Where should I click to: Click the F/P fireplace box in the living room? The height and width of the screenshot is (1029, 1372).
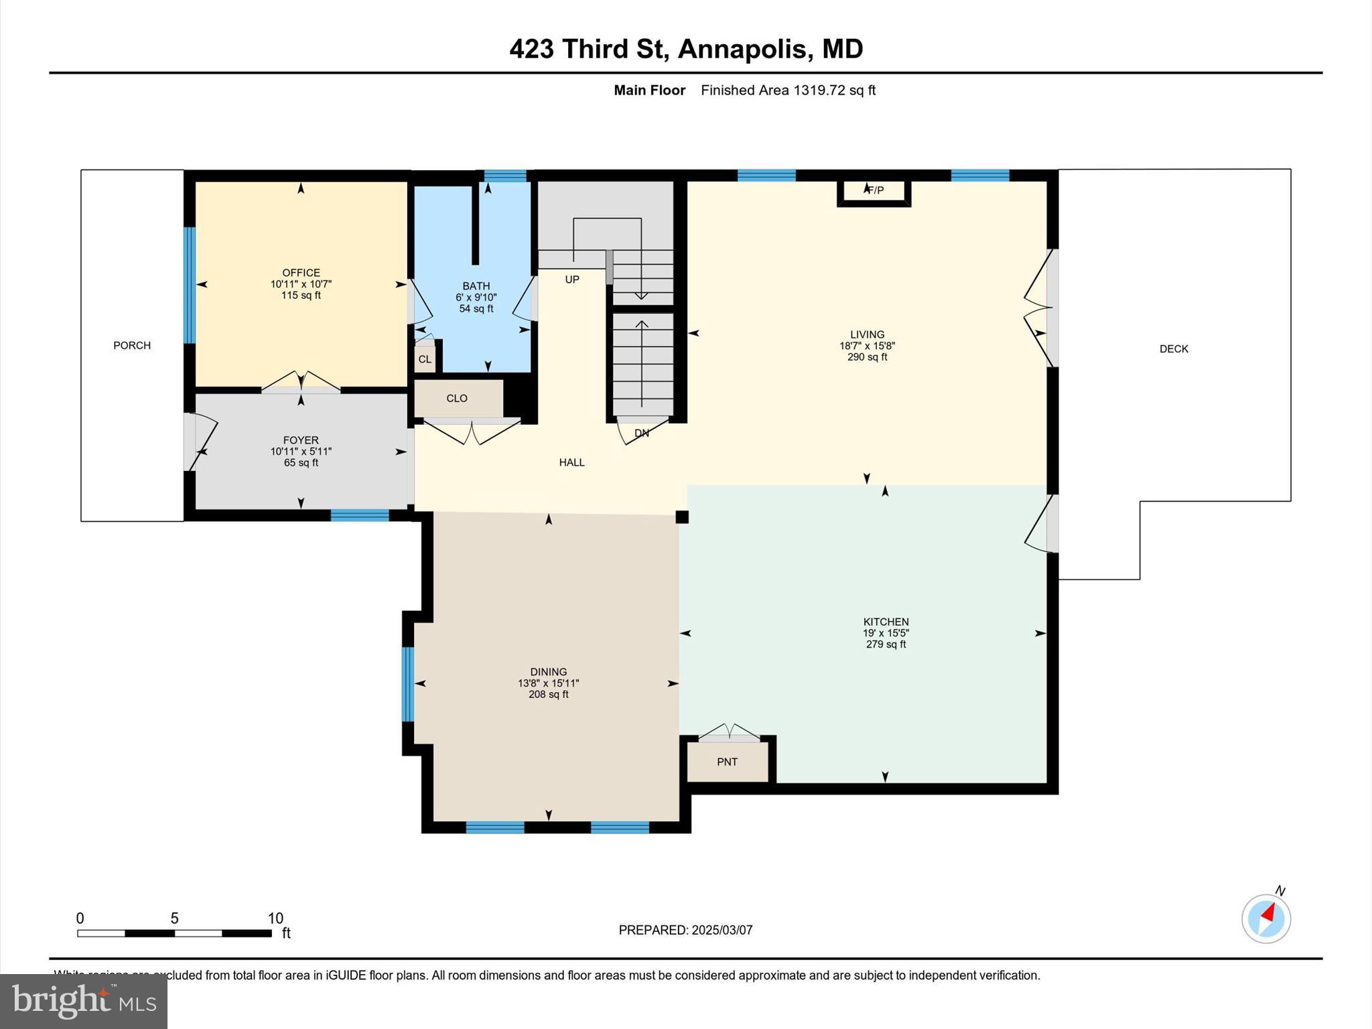(x=874, y=192)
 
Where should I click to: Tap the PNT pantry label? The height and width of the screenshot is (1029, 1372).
(x=727, y=762)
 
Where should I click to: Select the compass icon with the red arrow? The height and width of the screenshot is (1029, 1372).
(x=1265, y=918)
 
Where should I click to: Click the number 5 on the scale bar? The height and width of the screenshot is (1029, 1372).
(x=174, y=918)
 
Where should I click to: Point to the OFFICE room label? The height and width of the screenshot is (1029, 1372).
(x=301, y=273)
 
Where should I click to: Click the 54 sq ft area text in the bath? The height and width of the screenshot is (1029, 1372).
(x=476, y=309)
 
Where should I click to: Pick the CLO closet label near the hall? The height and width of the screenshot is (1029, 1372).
(x=457, y=399)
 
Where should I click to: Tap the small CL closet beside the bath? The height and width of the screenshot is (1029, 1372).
(x=425, y=359)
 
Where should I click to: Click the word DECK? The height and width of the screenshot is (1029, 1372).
(x=1174, y=349)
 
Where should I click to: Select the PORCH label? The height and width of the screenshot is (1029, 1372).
(x=132, y=346)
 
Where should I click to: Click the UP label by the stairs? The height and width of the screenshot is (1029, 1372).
(x=572, y=279)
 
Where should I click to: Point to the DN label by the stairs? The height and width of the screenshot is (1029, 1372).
(x=642, y=433)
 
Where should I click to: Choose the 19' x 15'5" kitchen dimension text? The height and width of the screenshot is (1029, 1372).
(x=886, y=633)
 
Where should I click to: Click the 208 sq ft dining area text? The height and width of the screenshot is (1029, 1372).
(x=548, y=695)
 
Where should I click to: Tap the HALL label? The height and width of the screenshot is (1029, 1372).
(x=571, y=462)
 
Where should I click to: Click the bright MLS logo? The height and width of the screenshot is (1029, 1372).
(x=84, y=1001)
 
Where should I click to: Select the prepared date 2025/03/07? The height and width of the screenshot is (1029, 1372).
(x=722, y=930)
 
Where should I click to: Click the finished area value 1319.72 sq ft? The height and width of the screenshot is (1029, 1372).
(x=834, y=90)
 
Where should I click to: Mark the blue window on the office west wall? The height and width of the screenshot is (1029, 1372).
(x=190, y=285)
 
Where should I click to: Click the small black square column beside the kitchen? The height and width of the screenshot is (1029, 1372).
(x=682, y=517)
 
